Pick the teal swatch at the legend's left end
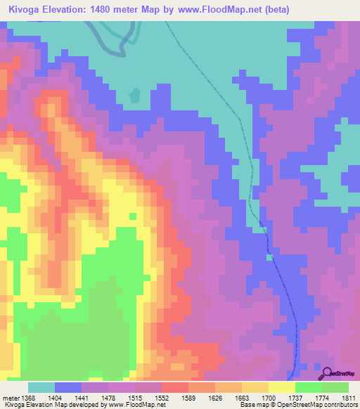pyautogui.click(x=41, y=387)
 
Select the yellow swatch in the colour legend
pyautogui.click(x=281, y=387)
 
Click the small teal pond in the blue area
pyautogui.click(x=135, y=93)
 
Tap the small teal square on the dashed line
pyautogui.click(x=269, y=257)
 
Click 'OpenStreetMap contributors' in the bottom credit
pyautogui.click(x=323, y=405)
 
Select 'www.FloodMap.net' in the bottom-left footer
pyautogui.click(x=136, y=405)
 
